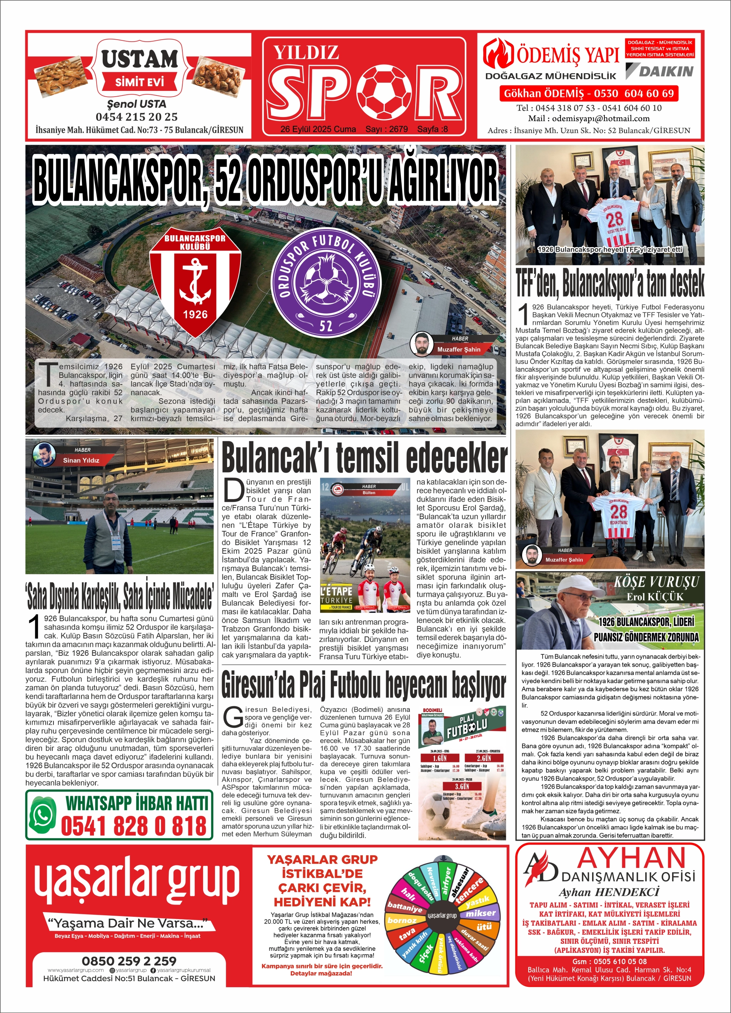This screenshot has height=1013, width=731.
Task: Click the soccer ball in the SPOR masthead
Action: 384,92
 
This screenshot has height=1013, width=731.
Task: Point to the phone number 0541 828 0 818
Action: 134,826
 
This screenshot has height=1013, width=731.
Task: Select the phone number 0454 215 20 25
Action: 136,117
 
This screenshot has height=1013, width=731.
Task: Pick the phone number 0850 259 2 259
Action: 129,961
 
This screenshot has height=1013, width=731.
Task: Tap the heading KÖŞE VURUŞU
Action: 656,582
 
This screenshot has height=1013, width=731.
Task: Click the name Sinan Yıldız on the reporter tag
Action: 81,460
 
